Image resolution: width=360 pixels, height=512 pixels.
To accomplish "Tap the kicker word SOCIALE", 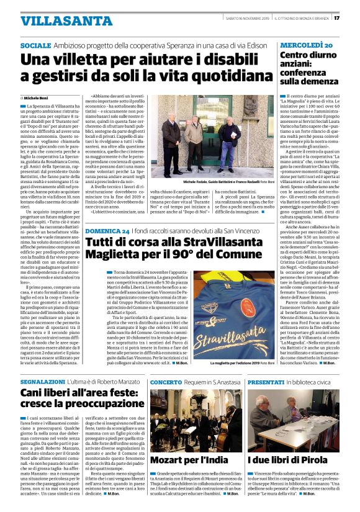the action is (35, 47).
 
